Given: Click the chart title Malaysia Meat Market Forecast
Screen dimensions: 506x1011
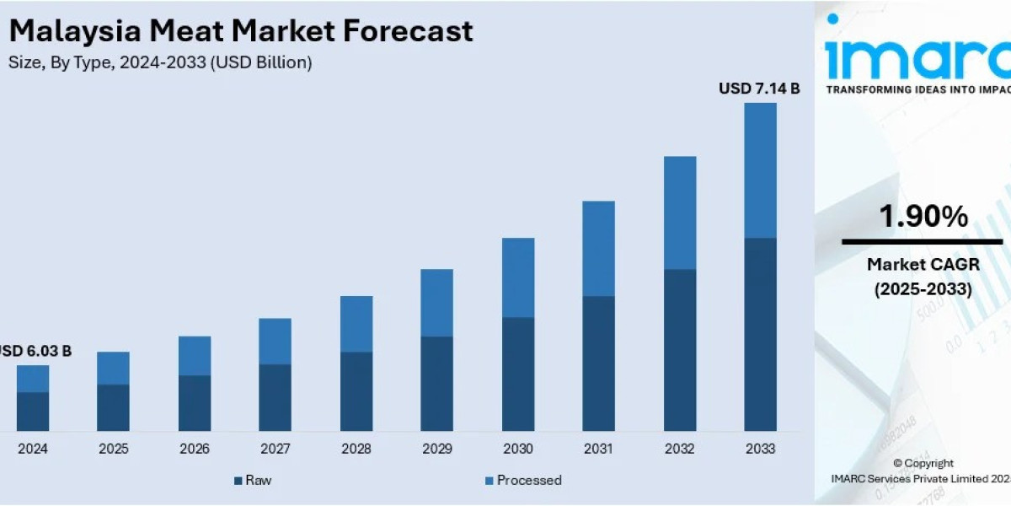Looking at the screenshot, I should (241, 32).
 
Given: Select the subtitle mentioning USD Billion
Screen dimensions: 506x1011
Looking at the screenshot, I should (160, 63).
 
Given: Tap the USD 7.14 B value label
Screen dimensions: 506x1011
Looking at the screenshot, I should (758, 88).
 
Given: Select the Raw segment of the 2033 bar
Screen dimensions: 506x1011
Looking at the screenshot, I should (760, 334).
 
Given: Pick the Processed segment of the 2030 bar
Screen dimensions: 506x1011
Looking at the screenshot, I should (518, 277).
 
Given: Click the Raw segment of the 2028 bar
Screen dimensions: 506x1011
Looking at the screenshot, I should (356, 391).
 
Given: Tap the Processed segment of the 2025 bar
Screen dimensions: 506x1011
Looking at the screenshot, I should (114, 369).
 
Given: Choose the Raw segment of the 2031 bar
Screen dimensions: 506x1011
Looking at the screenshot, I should (598, 363).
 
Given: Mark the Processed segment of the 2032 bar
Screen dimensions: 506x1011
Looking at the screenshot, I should (680, 213).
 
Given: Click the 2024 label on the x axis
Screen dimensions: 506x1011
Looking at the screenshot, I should (33, 449).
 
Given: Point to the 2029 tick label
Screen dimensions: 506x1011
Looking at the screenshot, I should (436, 449).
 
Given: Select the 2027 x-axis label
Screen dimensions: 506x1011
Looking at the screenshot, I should (275, 449).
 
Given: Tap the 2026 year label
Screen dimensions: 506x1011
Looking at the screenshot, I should (195, 449).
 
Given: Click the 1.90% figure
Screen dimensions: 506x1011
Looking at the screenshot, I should (923, 218).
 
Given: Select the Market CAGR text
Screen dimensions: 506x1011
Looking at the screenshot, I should (923, 265).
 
